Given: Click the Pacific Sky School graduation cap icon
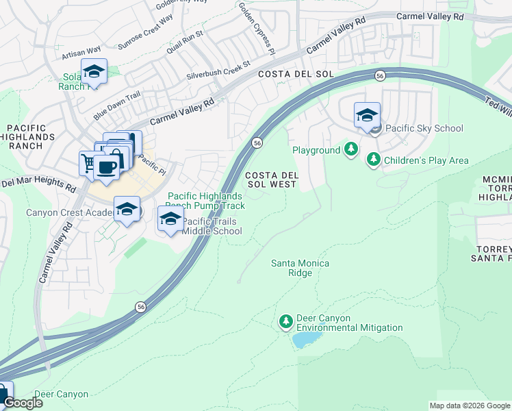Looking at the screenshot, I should [367, 115].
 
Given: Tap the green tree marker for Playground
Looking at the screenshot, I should [351, 149].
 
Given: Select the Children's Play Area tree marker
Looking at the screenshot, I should [373, 160].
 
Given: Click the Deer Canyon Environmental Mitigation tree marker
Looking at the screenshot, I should [286, 321].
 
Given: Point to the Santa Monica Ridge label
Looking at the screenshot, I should [300, 268].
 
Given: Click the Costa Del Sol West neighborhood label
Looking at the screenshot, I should [271, 179].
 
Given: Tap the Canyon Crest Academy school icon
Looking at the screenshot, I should [127, 210].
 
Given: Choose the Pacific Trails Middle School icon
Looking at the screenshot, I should [170, 219].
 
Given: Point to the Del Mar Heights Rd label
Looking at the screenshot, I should [38, 184].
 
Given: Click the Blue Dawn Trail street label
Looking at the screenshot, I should [117, 105].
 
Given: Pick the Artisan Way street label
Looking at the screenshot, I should [81, 52].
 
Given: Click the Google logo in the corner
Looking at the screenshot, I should [22, 403].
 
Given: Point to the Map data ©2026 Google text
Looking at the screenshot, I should [469, 406].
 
